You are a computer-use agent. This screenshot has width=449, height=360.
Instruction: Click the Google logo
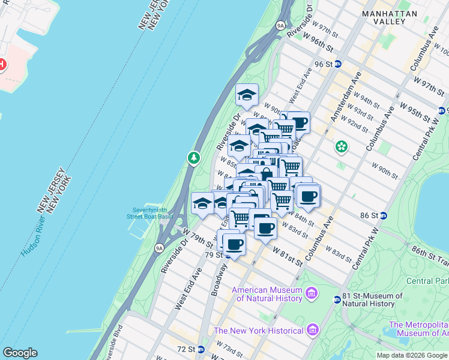pyautogui.click(x=19, y=353)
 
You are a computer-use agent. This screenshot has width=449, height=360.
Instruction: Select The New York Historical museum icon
pyautogui.click(x=312, y=330)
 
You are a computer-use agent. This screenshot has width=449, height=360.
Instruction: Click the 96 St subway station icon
pyautogui.click(x=338, y=64)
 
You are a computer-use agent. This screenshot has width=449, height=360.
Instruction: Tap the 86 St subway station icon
pyautogui.click(x=384, y=215)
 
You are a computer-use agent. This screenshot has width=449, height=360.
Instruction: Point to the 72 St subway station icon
pyautogui.click(x=201, y=349)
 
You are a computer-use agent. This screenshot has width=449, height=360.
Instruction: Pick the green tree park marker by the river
pyautogui.click(x=194, y=158)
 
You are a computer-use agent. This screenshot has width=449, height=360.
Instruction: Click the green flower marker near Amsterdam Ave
pyautogui.click(x=342, y=146)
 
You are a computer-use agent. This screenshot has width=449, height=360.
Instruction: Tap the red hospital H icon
pyautogui.click(x=2, y=64)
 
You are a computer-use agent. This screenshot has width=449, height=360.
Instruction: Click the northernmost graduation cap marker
pyautogui.click(x=247, y=95)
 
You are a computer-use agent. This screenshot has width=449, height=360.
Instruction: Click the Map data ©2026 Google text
pyautogui.click(x=412, y=355)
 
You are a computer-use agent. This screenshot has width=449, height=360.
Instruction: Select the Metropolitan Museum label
pyautogui.click(x=418, y=329)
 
